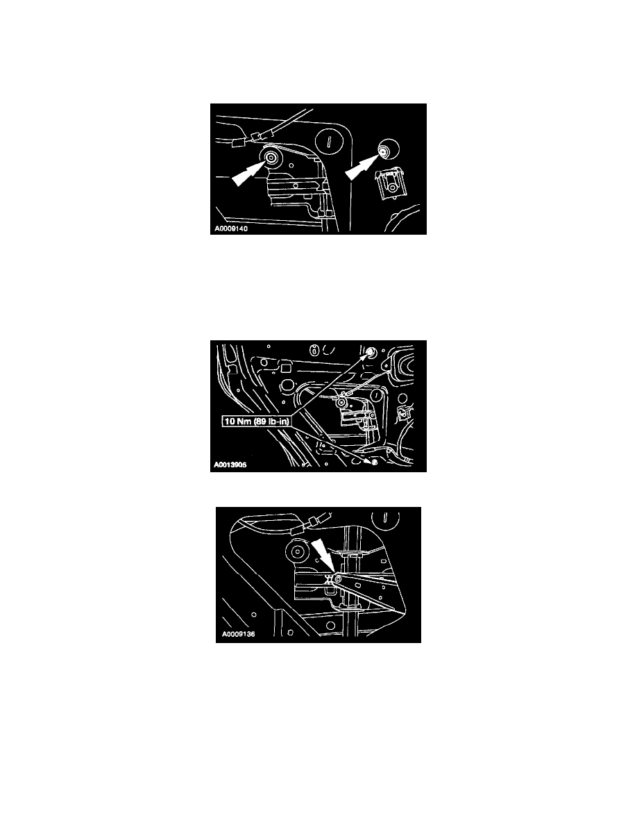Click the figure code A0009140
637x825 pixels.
click(231, 229)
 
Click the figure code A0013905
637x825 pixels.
click(230, 465)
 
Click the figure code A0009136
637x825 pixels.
click(238, 635)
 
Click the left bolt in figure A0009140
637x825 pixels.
click(273, 158)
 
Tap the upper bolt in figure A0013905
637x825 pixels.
click(370, 351)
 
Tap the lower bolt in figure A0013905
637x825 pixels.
click(374, 461)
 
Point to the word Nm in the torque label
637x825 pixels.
click(242, 422)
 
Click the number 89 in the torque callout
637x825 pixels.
click(259, 422)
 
